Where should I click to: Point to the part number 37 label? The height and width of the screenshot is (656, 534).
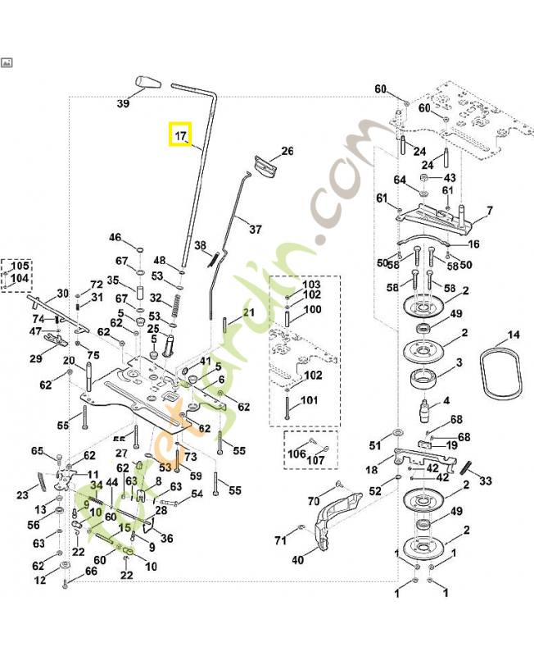(x=256, y=229)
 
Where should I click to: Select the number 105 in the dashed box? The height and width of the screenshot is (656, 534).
(x=18, y=267)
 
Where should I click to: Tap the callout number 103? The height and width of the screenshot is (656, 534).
(x=312, y=283)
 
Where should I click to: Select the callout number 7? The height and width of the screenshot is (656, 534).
(x=489, y=211)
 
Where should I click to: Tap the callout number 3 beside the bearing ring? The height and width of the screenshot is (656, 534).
(x=459, y=362)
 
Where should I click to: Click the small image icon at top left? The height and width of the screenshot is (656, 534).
(x=7, y=61)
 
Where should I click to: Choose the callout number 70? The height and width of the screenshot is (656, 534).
(x=313, y=500)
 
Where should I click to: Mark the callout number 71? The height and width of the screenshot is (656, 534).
(x=281, y=540)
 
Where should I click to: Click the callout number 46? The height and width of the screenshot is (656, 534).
(x=115, y=238)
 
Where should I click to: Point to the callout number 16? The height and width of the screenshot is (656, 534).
(x=473, y=244)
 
